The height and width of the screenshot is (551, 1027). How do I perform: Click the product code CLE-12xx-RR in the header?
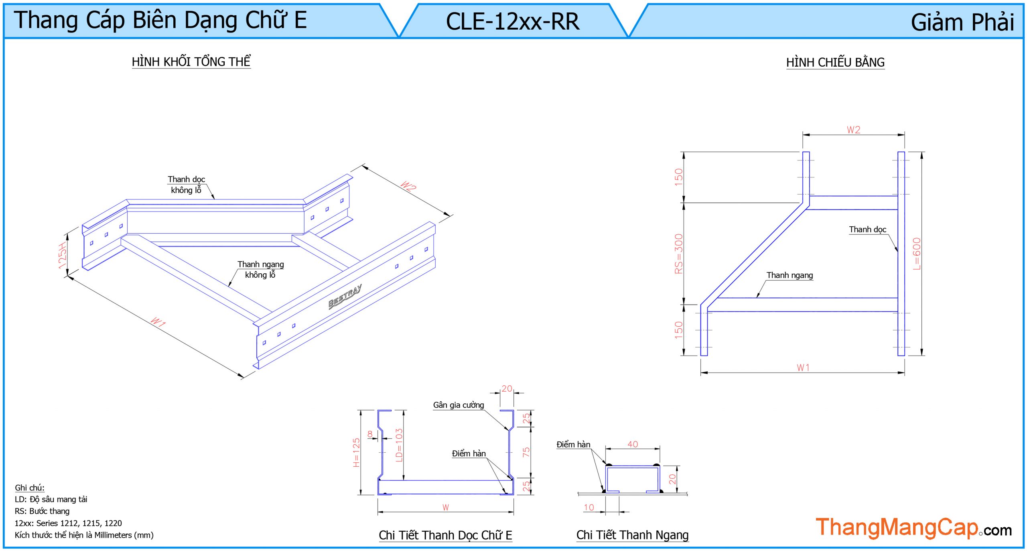click(512, 21)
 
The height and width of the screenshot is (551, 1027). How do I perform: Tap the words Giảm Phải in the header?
click(962, 22)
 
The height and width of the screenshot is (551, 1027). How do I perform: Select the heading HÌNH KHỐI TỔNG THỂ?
click(191, 62)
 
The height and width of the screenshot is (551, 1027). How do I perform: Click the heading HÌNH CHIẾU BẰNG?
click(835, 63)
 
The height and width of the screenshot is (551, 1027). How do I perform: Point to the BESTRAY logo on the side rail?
click(345, 296)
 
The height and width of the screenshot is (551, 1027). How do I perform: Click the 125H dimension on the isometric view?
click(63, 256)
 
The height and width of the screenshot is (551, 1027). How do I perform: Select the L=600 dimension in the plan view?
click(917, 254)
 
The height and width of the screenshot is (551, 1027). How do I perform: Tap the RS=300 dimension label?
click(678, 254)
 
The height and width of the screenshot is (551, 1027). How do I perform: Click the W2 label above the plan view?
click(853, 130)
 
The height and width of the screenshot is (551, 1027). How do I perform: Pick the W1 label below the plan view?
click(803, 368)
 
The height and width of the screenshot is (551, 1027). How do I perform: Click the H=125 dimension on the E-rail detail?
click(356, 452)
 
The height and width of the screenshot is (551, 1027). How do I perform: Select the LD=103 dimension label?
click(399, 445)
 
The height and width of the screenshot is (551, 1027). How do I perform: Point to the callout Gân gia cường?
click(458, 405)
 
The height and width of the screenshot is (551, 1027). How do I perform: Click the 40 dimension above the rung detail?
click(633, 444)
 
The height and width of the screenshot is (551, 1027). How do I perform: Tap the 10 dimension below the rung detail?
click(589, 507)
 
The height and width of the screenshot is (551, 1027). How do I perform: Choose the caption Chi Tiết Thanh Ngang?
click(632, 535)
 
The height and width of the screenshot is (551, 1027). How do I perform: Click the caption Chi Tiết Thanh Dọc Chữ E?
click(445, 535)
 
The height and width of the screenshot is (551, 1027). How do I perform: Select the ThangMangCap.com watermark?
click(913, 528)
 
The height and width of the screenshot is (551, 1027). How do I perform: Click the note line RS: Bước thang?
click(42, 511)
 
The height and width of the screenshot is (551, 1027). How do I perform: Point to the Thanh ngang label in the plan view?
click(790, 275)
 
